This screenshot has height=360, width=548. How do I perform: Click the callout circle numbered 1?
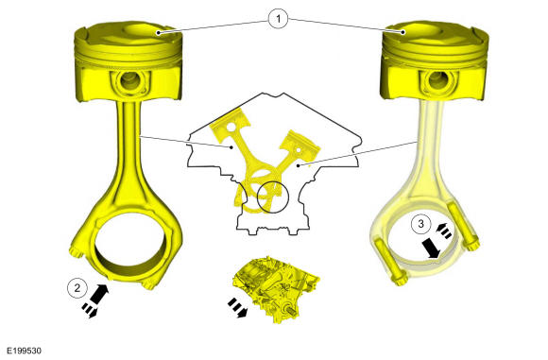coord(278,19)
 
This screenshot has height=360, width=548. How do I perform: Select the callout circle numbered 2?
coord(77,288)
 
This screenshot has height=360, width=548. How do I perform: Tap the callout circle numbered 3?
coord(420,223)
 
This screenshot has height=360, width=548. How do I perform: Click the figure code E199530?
coord(25,351)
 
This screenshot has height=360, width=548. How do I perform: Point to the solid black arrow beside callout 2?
coord(99,293)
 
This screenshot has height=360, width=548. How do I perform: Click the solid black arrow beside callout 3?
coord(431,249)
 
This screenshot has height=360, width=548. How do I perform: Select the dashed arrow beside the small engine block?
coord(237,308)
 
